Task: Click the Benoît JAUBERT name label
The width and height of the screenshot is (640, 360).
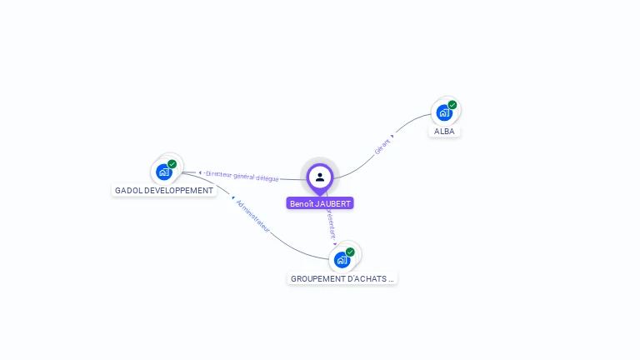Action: pyautogui.click(x=320, y=203)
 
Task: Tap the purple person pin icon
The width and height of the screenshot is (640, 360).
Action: pyautogui.click(x=320, y=177)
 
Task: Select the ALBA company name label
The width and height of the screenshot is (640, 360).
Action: pyautogui.click(x=445, y=132)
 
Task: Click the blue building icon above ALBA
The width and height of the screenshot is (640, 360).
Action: pyautogui.click(x=443, y=112)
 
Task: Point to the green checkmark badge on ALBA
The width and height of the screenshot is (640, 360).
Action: pyautogui.click(x=452, y=105)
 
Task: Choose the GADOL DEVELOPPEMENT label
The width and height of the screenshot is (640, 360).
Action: pyautogui.click(x=164, y=191)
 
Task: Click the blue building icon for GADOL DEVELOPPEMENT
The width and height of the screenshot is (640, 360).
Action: pyautogui.click(x=164, y=172)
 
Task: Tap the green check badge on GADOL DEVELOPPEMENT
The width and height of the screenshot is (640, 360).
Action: pyautogui.click(x=172, y=164)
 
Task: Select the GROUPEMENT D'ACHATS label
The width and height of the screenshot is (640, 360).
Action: pyautogui.click(x=342, y=278)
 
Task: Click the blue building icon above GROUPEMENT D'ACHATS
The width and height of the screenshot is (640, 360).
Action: pyautogui.click(x=342, y=260)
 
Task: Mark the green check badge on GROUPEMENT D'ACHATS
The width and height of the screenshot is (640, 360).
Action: pyautogui.click(x=350, y=252)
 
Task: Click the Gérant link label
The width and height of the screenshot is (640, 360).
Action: pyautogui.click(x=382, y=147)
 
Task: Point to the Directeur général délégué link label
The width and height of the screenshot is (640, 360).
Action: pyautogui.click(x=242, y=176)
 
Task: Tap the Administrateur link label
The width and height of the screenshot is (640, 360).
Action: pyautogui.click(x=253, y=216)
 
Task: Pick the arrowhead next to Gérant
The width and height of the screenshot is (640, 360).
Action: pyautogui.click(x=392, y=136)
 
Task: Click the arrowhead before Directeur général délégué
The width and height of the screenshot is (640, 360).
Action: pyautogui.click(x=200, y=172)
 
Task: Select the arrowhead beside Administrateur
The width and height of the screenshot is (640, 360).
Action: pyautogui.click(x=233, y=198)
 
